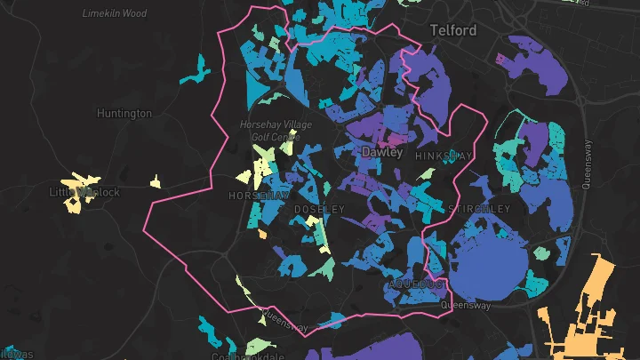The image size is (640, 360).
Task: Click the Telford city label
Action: click(x=453, y=30)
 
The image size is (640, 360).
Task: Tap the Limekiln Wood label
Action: click(x=114, y=13)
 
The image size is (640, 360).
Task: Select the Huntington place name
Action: click(x=124, y=114)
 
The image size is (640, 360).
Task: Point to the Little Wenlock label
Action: click(x=84, y=192)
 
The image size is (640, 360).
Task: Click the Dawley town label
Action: click(x=382, y=153)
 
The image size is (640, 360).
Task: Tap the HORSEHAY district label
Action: click(x=260, y=195)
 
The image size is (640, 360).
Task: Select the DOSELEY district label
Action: click(x=318, y=209)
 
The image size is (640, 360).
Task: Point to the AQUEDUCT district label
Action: click(x=416, y=284)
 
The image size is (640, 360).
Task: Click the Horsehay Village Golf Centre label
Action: click(x=276, y=131)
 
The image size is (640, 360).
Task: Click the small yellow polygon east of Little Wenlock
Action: click(x=155, y=182)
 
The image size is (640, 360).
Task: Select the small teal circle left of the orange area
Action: click(x=541, y=254)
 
